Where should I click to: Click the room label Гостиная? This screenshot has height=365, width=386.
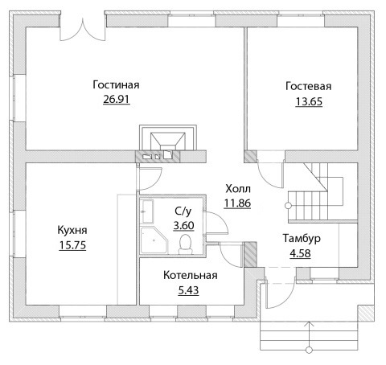pyautogui.click(x=116, y=85)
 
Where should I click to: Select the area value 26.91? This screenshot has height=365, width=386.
pyautogui.click(x=117, y=99)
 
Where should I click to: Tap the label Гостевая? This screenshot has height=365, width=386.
pyautogui.click(x=309, y=86)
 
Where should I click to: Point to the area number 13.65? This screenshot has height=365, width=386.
pyautogui.click(x=309, y=101)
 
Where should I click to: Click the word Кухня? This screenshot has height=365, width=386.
pyautogui.click(x=72, y=230)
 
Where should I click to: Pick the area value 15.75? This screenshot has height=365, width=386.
pyautogui.click(x=72, y=245)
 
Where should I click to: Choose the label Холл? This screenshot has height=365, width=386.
pyautogui.click(x=238, y=189)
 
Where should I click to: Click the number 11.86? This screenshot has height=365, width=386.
pyautogui.click(x=237, y=203)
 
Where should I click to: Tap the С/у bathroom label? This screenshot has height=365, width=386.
pyautogui.click(x=183, y=211)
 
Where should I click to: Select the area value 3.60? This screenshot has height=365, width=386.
pyautogui.click(x=183, y=225)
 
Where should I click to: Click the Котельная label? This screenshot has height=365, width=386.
pyautogui.click(x=191, y=275)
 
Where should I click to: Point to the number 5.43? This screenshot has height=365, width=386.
pyautogui.click(x=188, y=290)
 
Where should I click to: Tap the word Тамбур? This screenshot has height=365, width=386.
pyautogui.click(x=302, y=238)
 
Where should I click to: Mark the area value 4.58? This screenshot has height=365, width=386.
pyautogui.click(x=300, y=253)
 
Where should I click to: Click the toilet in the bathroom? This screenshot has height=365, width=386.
pyautogui.click(x=185, y=244)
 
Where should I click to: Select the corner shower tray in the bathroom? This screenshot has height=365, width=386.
pyautogui.click(x=154, y=240)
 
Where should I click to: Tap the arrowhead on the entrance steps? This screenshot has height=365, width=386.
pyautogui.click(x=310, y=324)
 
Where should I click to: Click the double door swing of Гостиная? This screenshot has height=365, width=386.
pyautogui.click(x=82, y=30)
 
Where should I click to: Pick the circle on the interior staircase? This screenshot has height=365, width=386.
pyautogui.click(x=288, y=206)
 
